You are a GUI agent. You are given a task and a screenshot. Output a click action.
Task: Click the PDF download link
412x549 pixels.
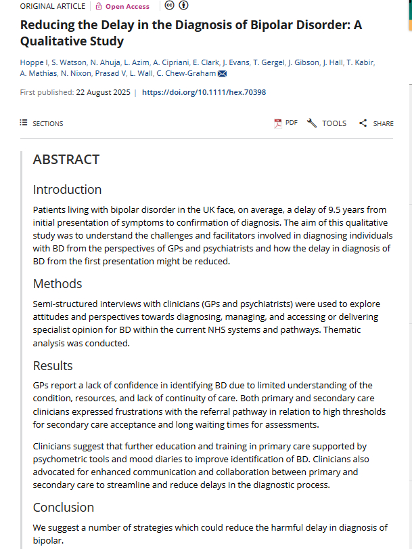point(285,123)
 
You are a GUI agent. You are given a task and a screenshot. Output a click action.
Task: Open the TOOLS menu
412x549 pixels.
point(327,123)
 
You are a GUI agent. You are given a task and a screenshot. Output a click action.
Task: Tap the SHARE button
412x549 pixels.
point(376,123)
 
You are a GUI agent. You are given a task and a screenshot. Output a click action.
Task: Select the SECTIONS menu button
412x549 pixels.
point(41,123)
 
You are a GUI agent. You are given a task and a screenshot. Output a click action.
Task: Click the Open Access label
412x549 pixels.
point(122,6)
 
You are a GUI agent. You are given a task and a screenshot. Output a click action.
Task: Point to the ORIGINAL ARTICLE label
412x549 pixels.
point(53,6)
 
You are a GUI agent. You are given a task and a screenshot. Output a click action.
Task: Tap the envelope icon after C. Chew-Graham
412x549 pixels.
point(222,74)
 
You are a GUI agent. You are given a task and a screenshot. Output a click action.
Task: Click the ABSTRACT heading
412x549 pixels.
point(66,159)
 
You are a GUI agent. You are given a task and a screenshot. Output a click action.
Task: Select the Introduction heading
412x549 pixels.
point(67,189)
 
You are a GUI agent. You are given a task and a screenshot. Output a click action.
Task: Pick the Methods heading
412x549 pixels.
point(58,283)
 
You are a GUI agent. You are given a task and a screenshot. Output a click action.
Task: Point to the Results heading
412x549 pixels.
point(53,365)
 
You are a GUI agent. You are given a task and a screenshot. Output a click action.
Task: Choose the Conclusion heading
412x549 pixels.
point(64,507)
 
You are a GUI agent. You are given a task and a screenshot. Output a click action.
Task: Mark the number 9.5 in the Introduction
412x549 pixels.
point(289,210)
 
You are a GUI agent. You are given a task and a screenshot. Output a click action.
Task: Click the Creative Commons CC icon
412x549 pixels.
point(170,6)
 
